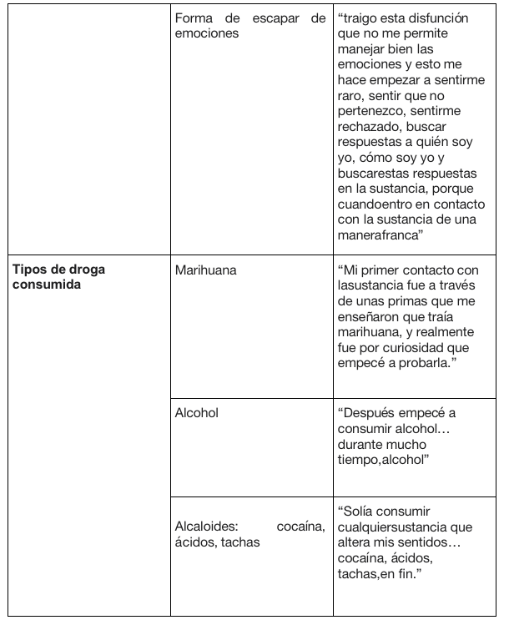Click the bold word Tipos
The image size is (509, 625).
point(28,270)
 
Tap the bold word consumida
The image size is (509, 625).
point(43,285)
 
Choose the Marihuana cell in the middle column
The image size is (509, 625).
point(205,270)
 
